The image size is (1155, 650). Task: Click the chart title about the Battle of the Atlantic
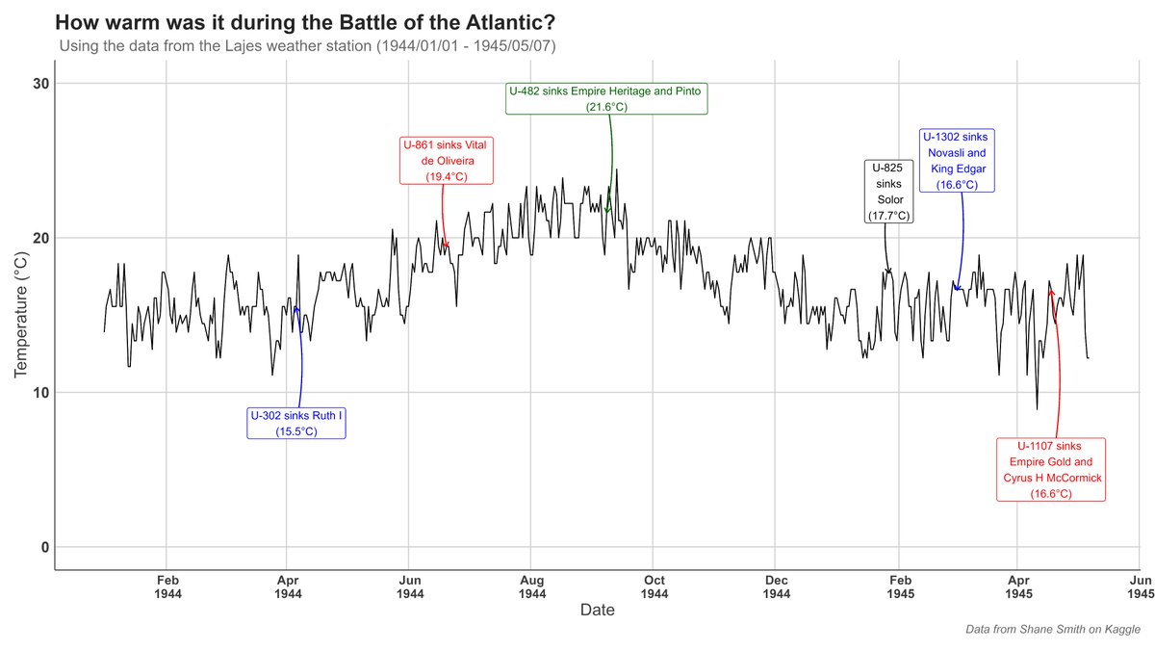[304, 21]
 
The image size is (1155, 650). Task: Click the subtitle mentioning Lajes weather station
[308, 46]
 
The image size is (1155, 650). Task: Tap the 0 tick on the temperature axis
[44, 547]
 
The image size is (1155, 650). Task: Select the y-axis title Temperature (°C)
[22, 315]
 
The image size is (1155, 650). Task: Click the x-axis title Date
[597, 610]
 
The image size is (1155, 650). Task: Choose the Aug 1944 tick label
[532, 586]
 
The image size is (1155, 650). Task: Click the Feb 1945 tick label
[899, 586]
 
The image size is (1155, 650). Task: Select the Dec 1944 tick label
[777, 586]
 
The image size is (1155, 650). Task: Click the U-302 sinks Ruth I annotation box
[296, 424]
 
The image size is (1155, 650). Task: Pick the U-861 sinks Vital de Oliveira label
[447, 160]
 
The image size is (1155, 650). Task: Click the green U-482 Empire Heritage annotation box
[606, 98]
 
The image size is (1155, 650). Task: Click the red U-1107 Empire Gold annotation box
[1050, 470]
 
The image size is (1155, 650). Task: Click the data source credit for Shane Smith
[1053, 629]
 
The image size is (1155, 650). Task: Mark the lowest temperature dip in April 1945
[1037, 409]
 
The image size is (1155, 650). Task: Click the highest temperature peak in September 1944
[616, 169]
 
